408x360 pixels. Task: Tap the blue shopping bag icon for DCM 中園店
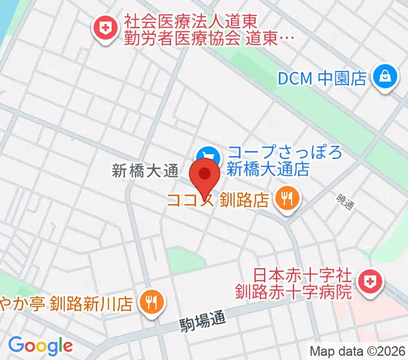pyautogui.click(x=383, y=77)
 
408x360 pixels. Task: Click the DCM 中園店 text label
pyautogui.click(x=322, y=78)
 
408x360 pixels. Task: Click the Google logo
pyautogui.click(x=40, y=345)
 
